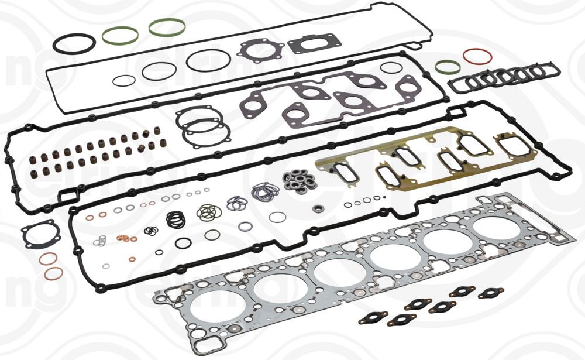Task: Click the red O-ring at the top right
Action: [x=477, y=57]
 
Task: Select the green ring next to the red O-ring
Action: [x=448, y=66]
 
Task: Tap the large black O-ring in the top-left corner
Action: [x=74, y=43]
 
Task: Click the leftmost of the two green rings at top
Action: [x=120, y=36]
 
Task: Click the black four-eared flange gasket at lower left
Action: [x=41, y=234]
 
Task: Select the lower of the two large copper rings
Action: [x=54, y=273]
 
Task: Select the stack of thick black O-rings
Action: [x=175, y=220]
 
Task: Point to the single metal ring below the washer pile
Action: [x=318, y=208]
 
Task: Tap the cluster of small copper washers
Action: [x=124, y=239]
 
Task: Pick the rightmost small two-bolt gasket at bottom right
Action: [x=491, y=293]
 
